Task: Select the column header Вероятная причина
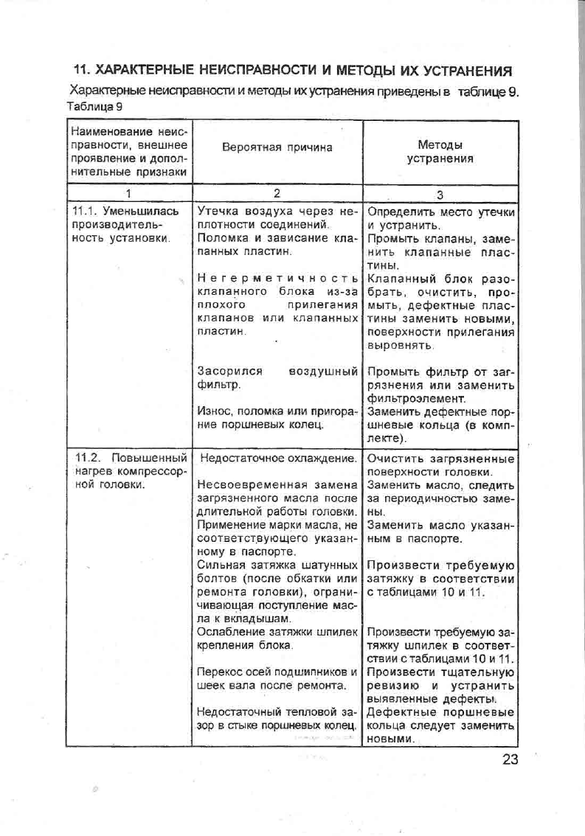tap(277, 147)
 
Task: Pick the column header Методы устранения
tap(440, 152)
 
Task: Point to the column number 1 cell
tap(128, 194)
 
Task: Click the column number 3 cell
tap(440, 195)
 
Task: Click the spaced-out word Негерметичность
tap(278, 278)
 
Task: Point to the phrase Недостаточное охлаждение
tap(278, 459)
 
